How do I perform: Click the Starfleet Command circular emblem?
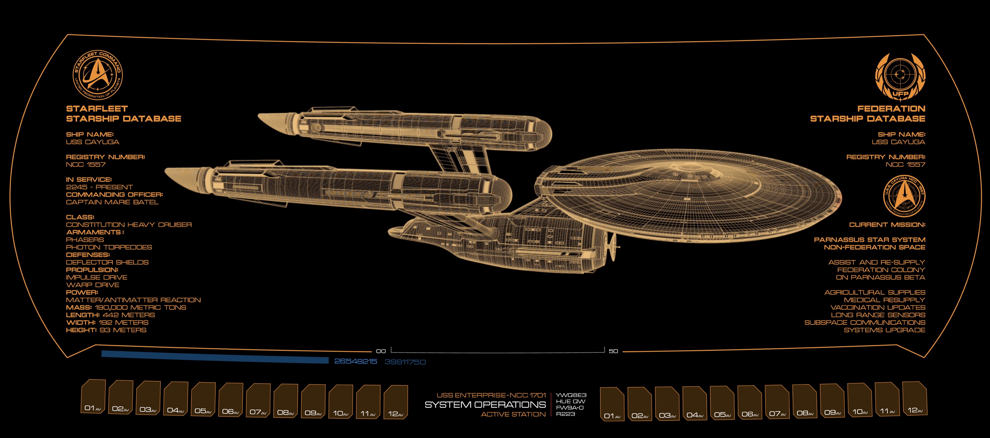[x=98, y=75]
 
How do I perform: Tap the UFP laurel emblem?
[x=900, y=77]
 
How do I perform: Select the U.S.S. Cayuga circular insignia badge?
[x=904, y=196]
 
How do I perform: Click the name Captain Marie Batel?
[x=112, y=202]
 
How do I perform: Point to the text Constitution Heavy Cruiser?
[x=129, y=225]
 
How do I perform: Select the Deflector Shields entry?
[x=107, y=262]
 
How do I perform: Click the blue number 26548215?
[x=356, y=361]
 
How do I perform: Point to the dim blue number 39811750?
[x=405, y=362]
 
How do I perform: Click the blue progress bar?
[x=215, y=357]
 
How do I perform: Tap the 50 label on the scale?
[x=613, y=351]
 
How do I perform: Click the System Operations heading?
[x=485, y=405]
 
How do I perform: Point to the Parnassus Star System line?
[x=869, y=240]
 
